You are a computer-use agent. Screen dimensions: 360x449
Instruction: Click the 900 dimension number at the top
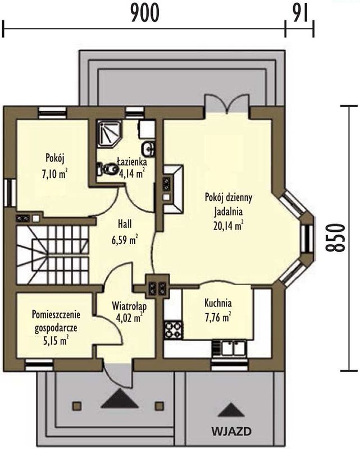145,13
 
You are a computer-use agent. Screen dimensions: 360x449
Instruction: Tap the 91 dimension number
300,13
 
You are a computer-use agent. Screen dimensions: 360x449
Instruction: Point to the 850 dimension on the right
335,237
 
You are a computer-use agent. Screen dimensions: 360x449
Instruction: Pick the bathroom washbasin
148,148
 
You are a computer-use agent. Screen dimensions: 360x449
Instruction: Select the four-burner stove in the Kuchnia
173,330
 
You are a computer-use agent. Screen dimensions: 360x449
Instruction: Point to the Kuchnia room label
218,303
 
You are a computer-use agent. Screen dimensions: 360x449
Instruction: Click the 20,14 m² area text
229,226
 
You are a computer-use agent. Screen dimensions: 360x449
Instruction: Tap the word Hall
125,224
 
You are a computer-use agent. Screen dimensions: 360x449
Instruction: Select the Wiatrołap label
129,306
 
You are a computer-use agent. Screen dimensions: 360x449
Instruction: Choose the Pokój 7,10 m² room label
54,166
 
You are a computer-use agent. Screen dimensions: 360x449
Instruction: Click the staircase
53,255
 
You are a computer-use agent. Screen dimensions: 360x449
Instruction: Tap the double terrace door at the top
228,106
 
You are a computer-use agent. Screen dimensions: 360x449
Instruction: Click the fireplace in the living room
173,189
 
